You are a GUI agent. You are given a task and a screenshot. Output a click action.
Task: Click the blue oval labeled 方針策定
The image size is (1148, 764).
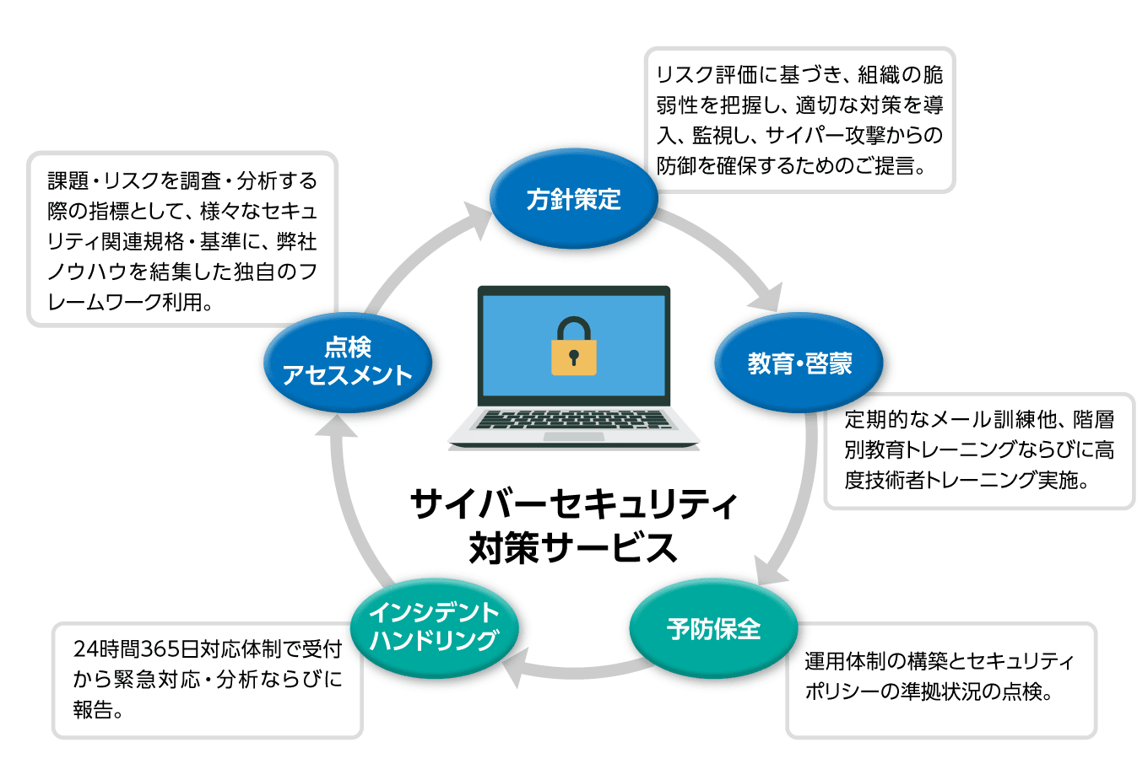573,199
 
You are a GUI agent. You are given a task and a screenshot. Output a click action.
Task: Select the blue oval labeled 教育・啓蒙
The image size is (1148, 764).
799,363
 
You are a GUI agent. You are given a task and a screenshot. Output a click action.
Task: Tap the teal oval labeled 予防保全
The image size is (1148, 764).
713,628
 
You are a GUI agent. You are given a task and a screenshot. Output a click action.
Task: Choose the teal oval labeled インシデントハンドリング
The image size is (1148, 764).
434,627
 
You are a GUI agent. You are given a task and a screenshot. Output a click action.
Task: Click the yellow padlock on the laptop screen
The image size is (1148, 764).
574,347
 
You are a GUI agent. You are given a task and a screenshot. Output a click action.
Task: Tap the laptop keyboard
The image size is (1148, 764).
573,419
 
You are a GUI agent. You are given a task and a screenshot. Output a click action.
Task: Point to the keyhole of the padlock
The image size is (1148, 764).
574,357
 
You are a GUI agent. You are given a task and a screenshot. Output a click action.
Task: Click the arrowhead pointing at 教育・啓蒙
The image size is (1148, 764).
768,299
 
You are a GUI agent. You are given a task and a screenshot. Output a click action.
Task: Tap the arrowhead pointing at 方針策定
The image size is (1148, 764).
477,218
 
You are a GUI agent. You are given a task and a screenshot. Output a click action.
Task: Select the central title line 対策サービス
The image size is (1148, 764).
573,547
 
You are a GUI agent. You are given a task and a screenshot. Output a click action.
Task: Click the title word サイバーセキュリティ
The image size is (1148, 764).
573,504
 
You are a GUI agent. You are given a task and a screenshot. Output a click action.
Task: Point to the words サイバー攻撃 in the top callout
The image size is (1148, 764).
823,135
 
